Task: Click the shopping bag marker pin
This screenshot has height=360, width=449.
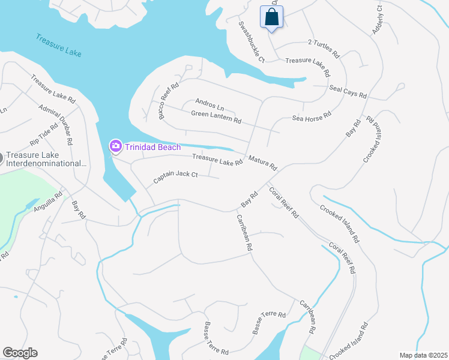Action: coord(271,17)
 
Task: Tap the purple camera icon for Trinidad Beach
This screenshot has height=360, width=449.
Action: coord(115,146)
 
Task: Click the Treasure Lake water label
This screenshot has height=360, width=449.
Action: coord(58,46)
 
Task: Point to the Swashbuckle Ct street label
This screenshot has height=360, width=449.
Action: coord(252,42)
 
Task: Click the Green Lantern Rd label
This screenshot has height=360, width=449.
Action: coord(216,117)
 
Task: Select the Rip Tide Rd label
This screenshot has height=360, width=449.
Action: coord(44,134)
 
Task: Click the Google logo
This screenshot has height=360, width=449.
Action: coord(20,353)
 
